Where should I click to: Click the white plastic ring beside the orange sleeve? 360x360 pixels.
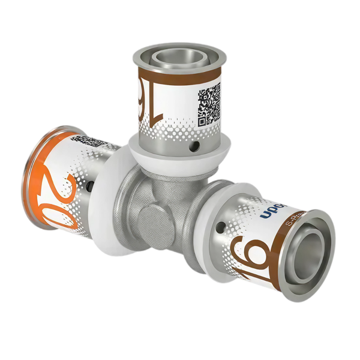106,198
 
